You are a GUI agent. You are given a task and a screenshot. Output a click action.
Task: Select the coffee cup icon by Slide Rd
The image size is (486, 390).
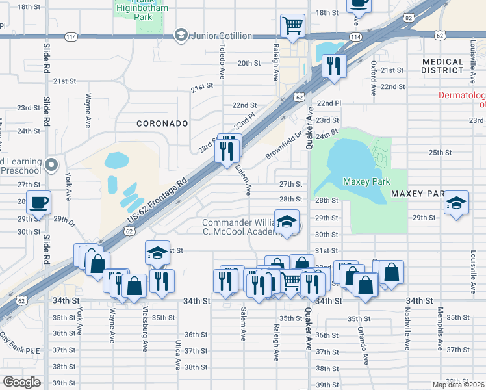(38, 202)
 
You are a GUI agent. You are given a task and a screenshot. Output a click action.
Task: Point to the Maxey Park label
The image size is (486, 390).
(366, 182)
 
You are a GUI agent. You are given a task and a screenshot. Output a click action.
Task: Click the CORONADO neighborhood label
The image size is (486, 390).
(162, 123)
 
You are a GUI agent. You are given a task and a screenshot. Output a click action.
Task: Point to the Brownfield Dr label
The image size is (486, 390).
(284, 147)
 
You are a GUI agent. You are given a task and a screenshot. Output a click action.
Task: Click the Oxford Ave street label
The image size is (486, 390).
(374, 78)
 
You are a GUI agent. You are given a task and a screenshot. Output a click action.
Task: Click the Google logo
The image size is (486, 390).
(22, 382)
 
